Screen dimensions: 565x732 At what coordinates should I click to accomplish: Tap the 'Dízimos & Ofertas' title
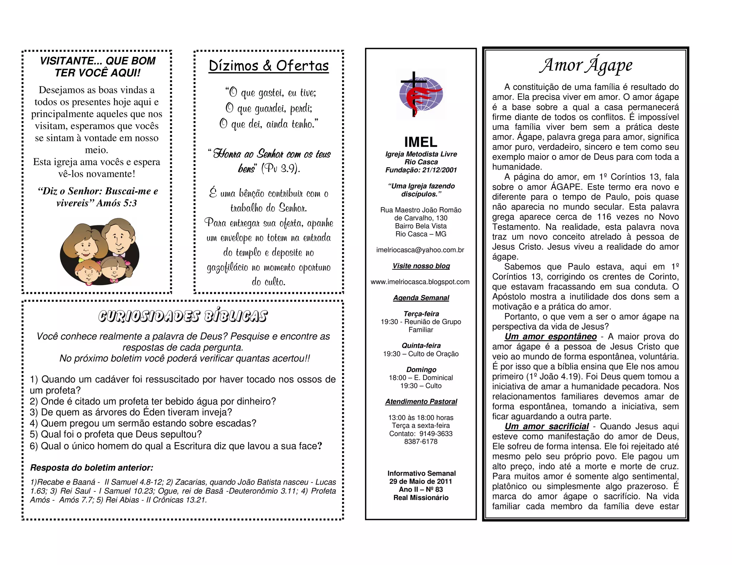pyautogui.click(x=268, y=66)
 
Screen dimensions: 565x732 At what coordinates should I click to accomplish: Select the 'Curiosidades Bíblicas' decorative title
pyautogui.click(x=183, y=316)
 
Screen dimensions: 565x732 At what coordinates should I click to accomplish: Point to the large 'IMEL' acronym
pyautogui.click(x=421, y=142)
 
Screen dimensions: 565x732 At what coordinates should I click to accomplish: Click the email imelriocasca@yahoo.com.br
pyautogui.click(x=420, y=250)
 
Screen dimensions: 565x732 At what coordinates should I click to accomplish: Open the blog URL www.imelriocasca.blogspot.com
pyautogui.click(x=420, y=282)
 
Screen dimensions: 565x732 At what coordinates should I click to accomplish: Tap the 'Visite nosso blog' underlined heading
pyautogui.click(x=421, y=266)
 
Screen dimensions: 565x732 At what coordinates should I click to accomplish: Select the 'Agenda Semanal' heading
pyautogui.click(x=421, y=298)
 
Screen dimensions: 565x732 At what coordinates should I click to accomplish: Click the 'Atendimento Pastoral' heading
pyautogui.click(x=421, y=402)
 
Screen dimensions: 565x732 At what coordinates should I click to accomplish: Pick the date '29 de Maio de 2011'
pyautogui.click(x=421, y=481)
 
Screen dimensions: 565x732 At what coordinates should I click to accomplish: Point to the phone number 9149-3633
pyautogui.click(x=436, y=434)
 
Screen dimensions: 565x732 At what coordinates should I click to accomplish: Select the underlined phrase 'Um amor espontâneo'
pyautogui.click(x=550, y=337)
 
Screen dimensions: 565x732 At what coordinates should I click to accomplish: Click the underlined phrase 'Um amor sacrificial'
pyautogui.click(x=546, y=427)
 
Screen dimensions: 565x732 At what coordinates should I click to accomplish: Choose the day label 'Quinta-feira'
pyautogui.click(x=421, y=346)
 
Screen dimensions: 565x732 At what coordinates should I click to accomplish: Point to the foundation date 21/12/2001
pyautogui.click(x=439, y=170)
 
